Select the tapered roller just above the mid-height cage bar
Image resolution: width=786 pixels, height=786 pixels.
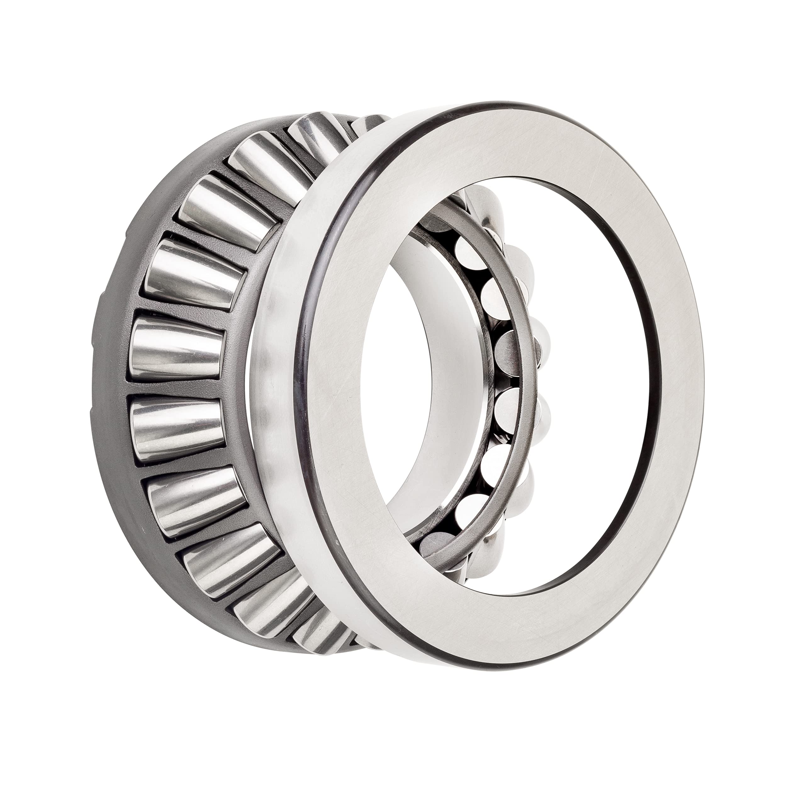click(179, 350)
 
